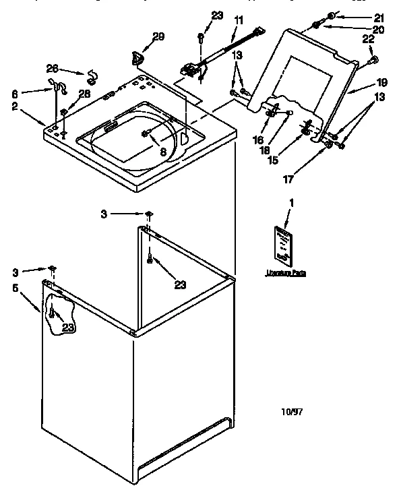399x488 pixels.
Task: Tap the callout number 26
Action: pyautogui.click(x=52, y=67)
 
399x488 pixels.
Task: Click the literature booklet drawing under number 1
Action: pyautogui.click(x=282, y=245)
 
